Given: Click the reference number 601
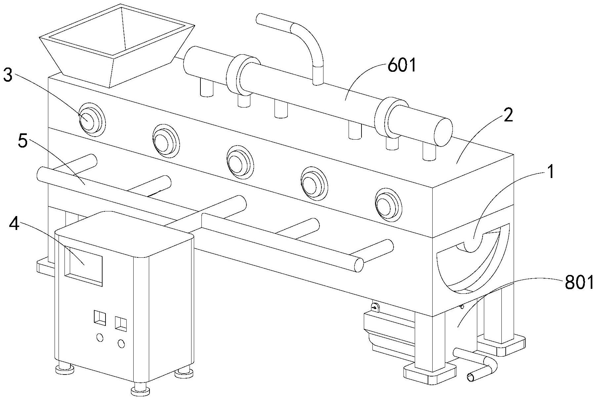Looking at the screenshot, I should pos(402,66).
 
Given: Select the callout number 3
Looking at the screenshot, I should pos(8,76).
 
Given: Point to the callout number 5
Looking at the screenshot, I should pos(22,142).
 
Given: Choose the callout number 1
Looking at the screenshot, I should pos(550,173).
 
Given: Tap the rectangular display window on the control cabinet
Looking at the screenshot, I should pos(83,265).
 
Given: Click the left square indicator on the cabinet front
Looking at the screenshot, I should pos(100,317).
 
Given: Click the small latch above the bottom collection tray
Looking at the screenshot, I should pos(375,307).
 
